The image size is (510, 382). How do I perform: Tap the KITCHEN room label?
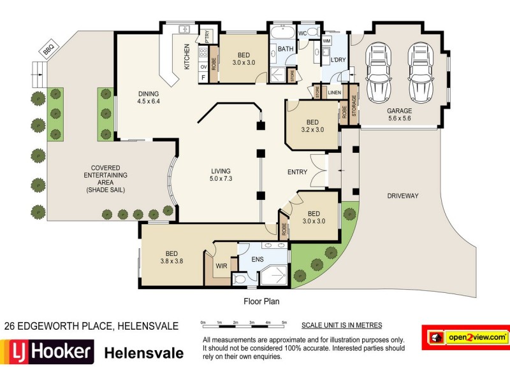pos(187,57)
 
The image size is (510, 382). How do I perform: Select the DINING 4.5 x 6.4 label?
pos(149,97)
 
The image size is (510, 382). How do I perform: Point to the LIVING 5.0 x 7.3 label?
pos(221,174)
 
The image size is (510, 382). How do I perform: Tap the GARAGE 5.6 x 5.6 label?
pos(400,115)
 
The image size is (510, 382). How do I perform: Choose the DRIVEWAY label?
pos(403,196)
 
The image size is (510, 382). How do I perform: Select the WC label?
pos(302,34)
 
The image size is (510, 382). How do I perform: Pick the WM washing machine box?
pos(326,41)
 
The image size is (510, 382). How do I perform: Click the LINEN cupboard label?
pos(334,92)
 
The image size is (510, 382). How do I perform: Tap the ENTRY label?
pos(297,172)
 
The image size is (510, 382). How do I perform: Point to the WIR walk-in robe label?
pos(221,266)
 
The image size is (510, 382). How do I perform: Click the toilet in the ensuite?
pos(240,279)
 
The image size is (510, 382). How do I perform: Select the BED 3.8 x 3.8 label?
pos(171,257)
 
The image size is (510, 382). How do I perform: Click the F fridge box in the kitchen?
pos(203,78)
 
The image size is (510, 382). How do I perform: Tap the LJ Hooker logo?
pos(47,352)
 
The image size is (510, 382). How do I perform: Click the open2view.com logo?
pos(466,337)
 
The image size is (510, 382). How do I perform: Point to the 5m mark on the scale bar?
pos(284,323)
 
